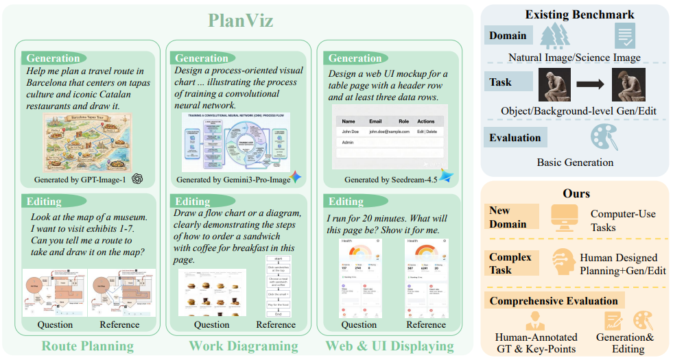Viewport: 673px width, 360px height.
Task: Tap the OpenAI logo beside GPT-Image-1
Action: coord(137,179)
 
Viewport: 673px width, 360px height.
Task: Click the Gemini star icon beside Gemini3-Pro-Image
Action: coord(296,178)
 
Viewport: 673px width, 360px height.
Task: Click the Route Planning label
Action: coord(87,346)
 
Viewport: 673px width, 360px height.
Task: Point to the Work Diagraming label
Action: coord(244,346)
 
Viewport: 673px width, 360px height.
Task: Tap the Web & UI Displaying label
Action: coord(389,346)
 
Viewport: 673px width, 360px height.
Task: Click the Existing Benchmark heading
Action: coord(580,14)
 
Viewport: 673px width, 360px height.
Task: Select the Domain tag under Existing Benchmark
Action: coord(508,36)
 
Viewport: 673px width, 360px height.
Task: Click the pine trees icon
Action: coord(554,36)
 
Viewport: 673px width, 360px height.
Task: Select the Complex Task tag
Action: coord(510,263)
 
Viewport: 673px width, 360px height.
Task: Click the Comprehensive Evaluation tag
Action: coord(553,300)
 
